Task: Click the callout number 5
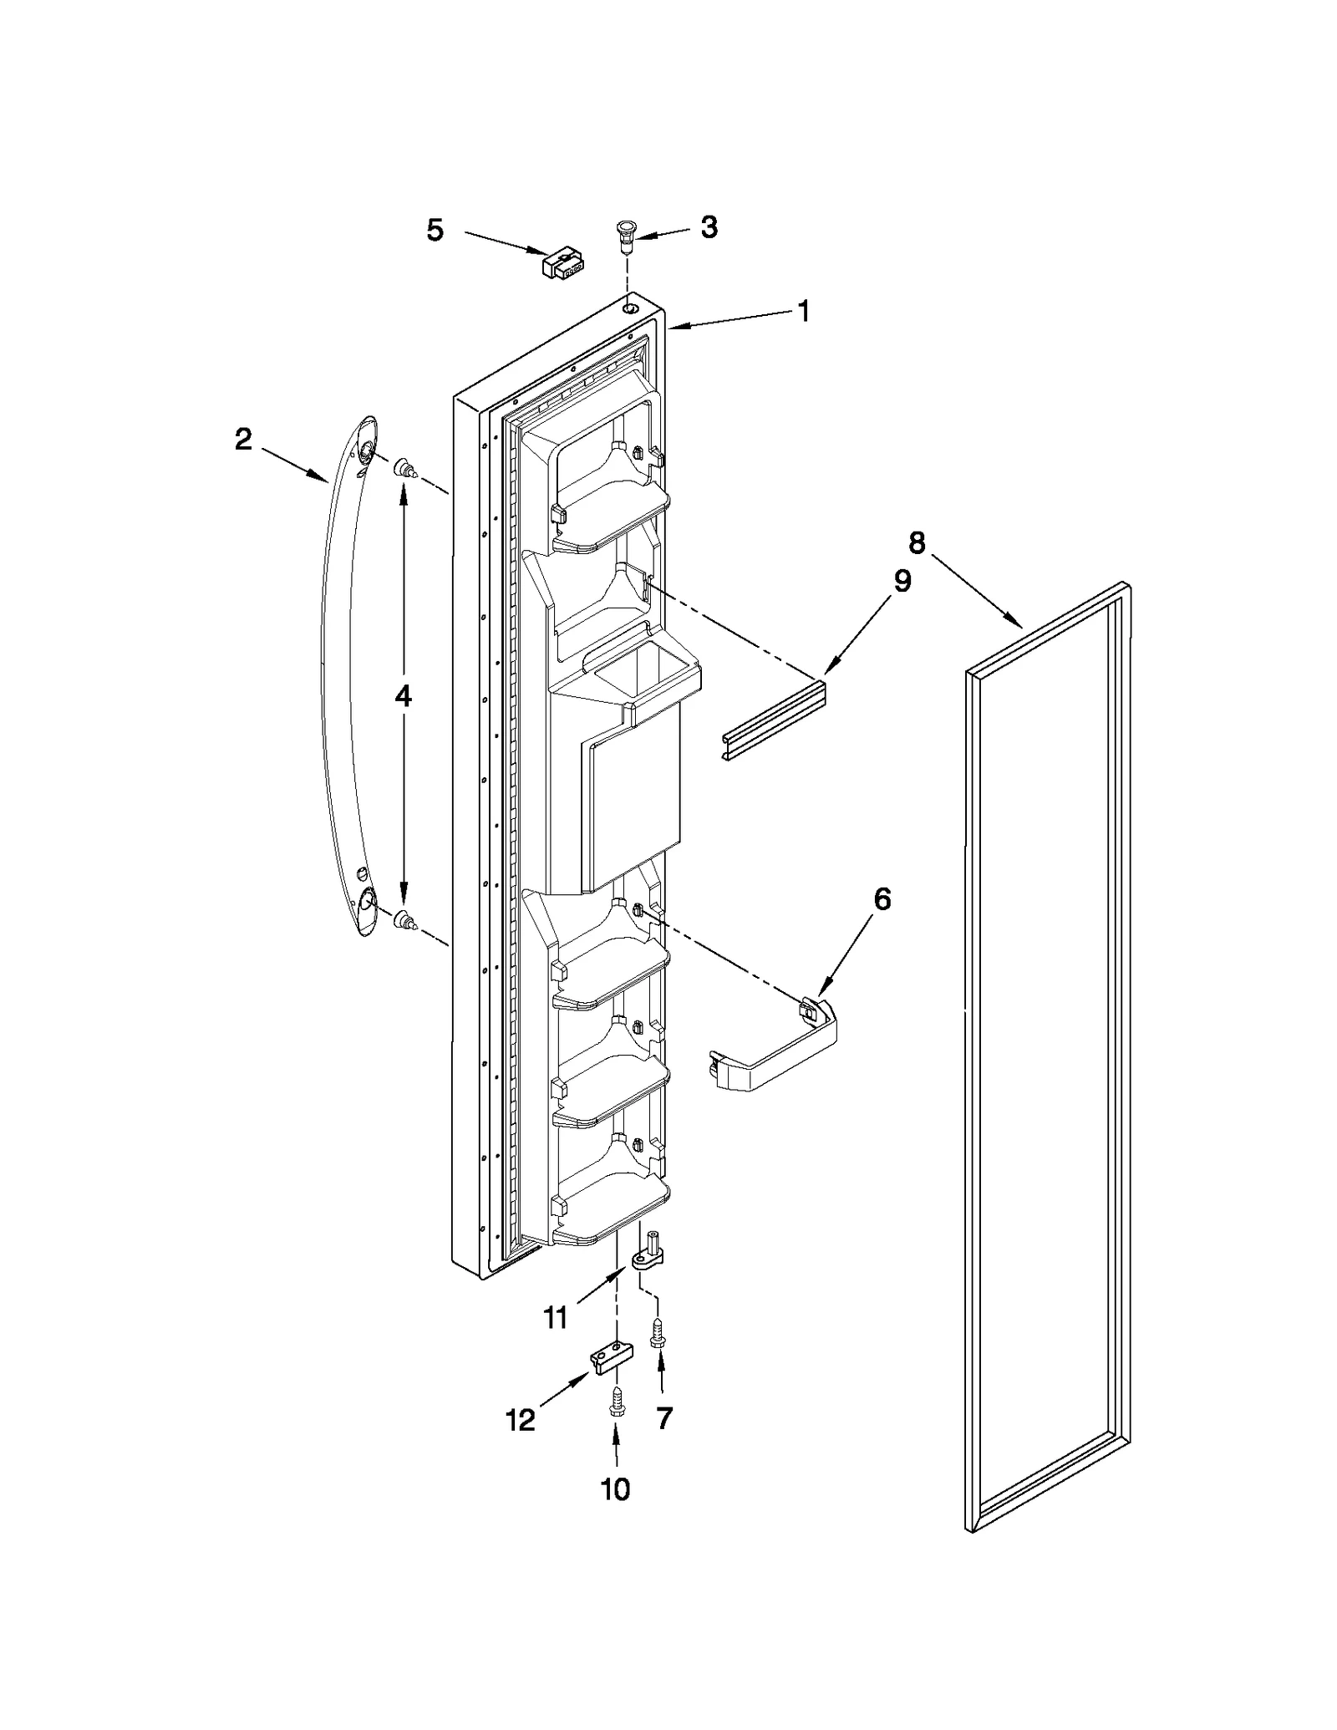[x=435, y=230]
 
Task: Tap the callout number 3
[x=709, y=226]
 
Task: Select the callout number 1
[x=803, y=312]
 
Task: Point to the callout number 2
[x=243, y=439]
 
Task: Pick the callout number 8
[x=917, y=543]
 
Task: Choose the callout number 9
[x=902, y=581]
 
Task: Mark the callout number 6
[x=882, y=899]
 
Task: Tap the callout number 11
[x=556, y=1318]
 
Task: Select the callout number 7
[x=664, y=1417]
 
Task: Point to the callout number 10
[x=616, y=1488]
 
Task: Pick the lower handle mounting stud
[x=405, y=920]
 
